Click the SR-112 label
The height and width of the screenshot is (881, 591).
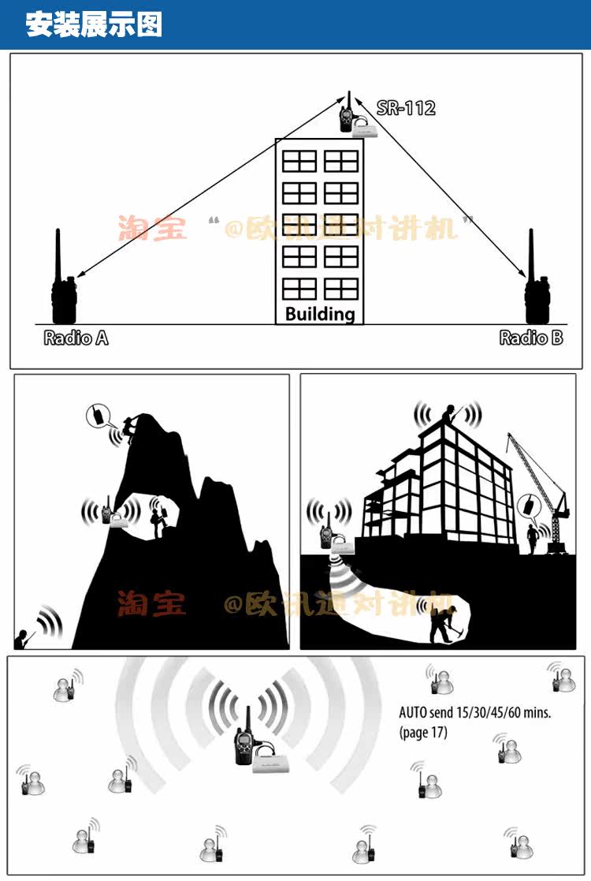406,108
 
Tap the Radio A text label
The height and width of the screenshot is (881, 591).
76,338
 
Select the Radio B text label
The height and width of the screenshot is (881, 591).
531,338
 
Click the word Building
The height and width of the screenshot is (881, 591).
320,314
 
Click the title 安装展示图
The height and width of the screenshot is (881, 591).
94,24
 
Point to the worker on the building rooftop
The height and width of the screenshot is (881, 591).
449,414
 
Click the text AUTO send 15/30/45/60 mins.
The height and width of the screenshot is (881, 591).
474,713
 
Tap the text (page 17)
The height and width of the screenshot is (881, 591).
422,733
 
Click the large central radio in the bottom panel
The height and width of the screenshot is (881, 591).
243,738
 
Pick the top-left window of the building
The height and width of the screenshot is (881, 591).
299,161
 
